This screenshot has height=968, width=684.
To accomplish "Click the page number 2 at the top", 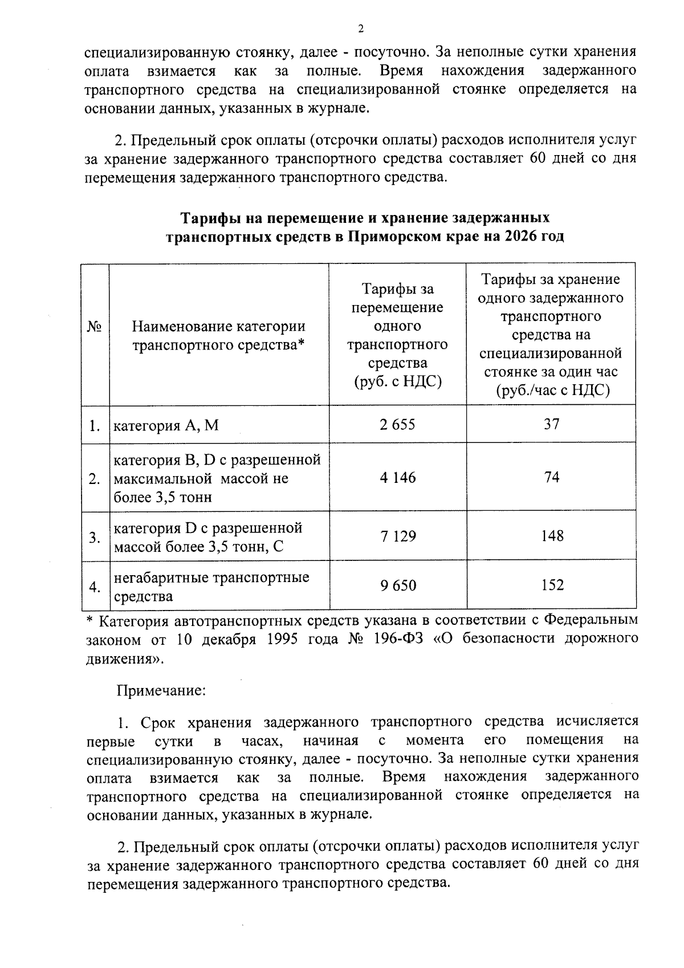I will coord(360,29).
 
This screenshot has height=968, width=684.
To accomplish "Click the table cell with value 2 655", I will coord(397,425).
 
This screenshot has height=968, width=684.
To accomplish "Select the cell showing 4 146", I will coord(397,478).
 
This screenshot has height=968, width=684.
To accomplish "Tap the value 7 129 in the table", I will coord(397,536).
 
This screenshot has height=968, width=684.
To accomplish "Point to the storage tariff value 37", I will coord(551,424).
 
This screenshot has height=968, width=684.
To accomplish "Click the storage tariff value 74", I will coord(551,477).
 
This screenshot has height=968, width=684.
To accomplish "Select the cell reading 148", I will coord(552,536).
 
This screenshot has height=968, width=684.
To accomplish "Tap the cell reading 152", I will coord(552,585).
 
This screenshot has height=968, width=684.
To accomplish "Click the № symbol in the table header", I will coord(95,327).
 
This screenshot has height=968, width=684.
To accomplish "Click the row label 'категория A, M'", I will coord(166,425).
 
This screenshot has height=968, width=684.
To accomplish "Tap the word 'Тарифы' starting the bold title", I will coord(209,218).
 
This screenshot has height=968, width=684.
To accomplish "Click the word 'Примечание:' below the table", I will coord(161,691).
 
